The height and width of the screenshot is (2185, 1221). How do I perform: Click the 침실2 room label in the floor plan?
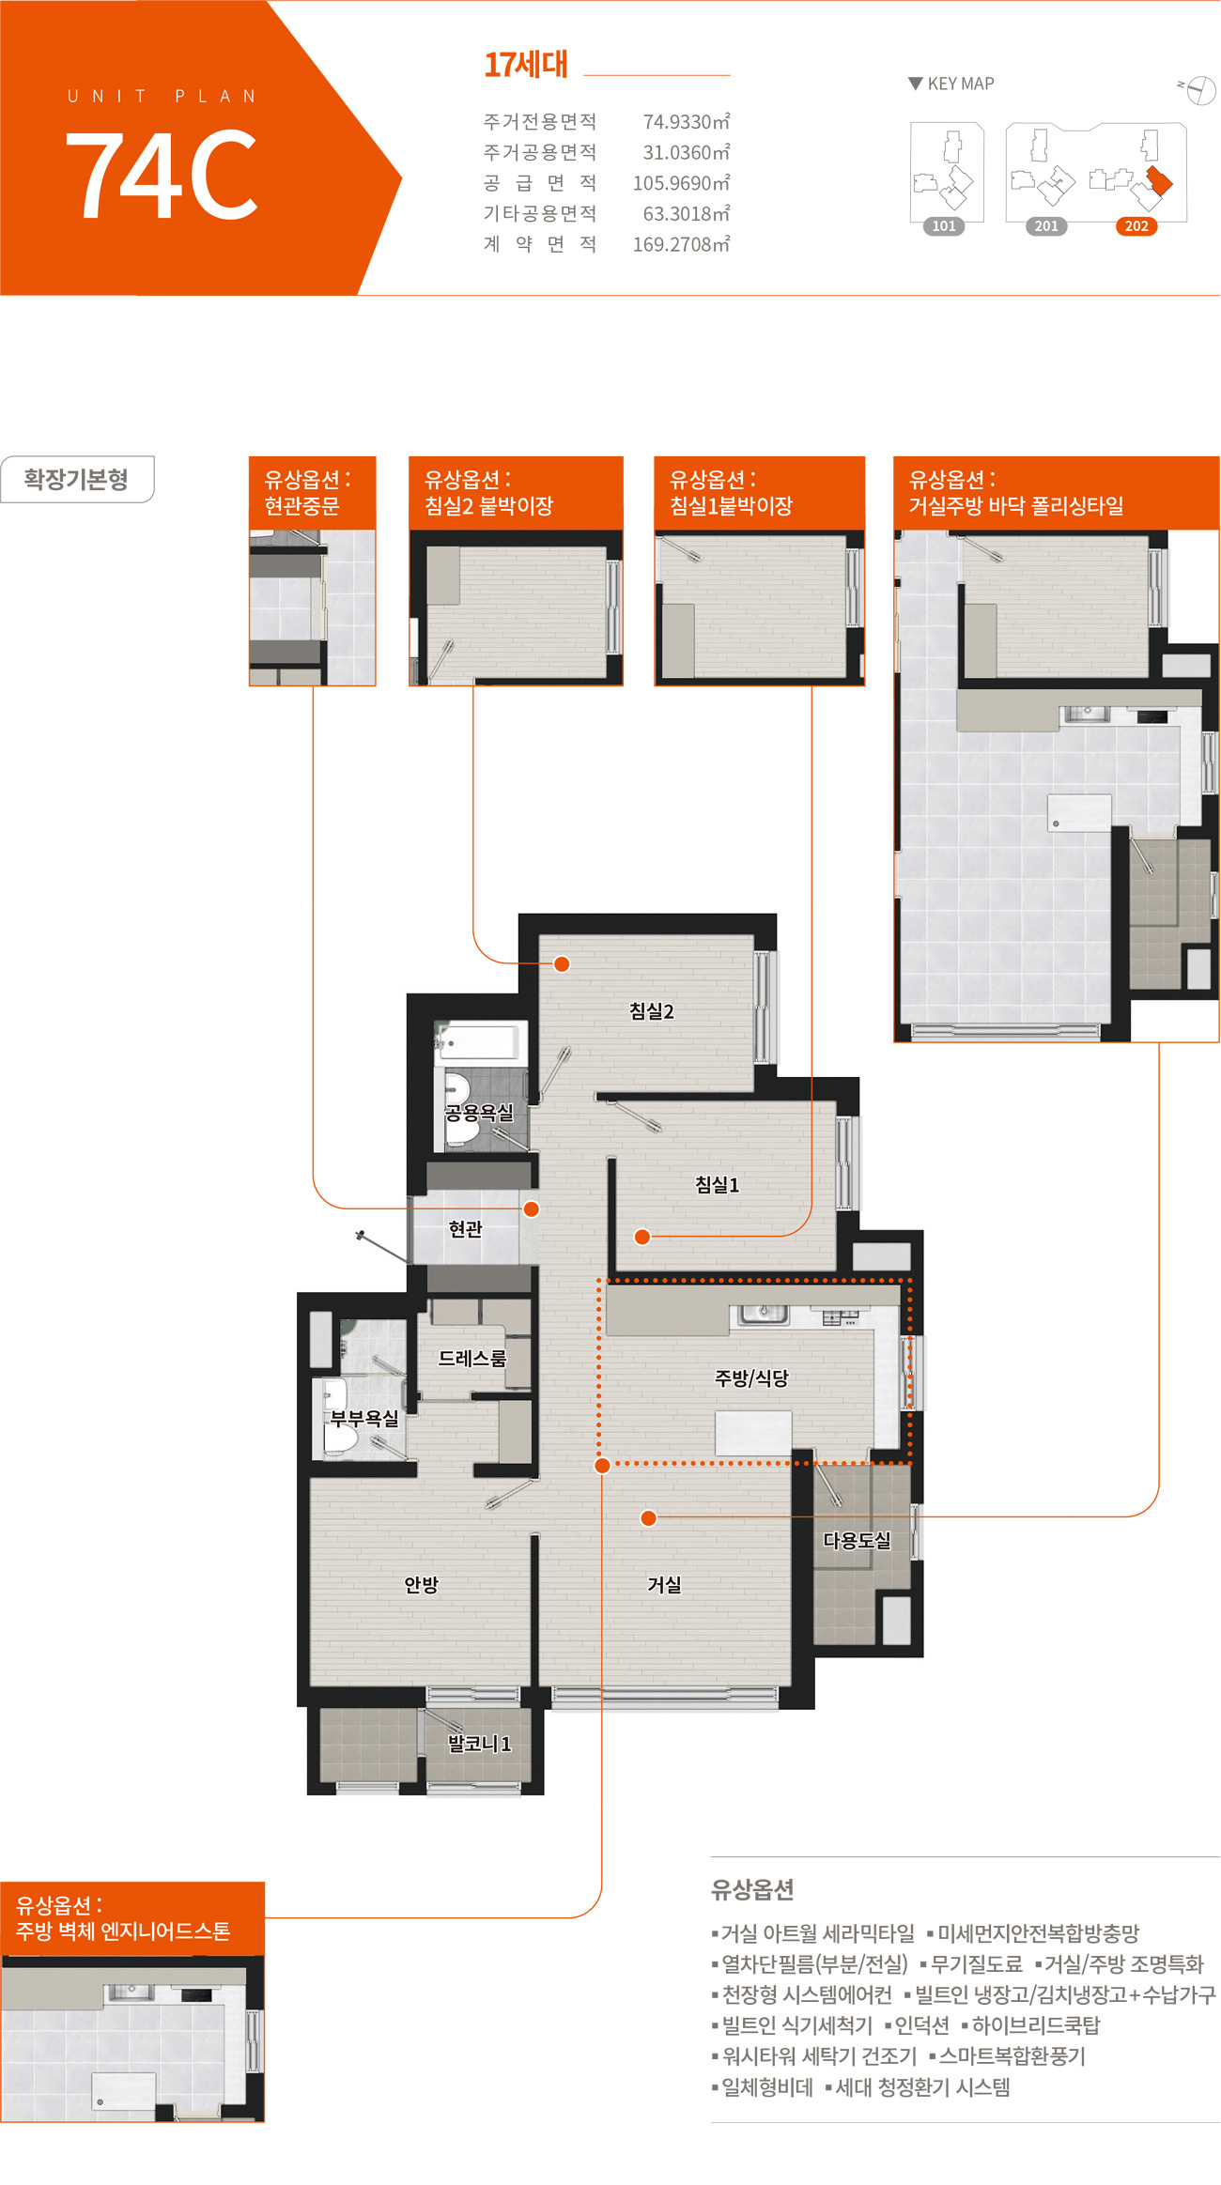651,1011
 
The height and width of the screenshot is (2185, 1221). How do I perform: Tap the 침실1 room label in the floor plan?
717,1185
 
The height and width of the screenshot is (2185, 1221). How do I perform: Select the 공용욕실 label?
479,1113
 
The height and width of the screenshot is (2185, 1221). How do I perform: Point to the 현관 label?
465,1228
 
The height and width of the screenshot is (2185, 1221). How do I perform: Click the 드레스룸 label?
472,1358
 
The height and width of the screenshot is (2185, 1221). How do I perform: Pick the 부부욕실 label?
364,1418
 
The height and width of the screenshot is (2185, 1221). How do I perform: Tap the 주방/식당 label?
751,1377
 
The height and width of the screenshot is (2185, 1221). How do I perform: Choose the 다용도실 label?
857,1540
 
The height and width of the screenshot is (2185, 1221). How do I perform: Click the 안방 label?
422,1585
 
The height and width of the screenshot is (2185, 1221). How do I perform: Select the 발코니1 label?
479,1744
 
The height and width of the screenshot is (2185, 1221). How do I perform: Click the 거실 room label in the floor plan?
664,1585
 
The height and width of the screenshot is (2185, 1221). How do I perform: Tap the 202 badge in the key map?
1136,226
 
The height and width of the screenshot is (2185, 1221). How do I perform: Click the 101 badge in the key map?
944,226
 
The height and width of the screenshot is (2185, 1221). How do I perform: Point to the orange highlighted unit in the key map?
1160,179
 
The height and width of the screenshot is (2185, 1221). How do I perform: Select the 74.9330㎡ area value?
687,122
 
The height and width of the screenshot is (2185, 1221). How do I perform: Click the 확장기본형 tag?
76,480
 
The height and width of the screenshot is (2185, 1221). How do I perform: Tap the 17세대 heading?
526,64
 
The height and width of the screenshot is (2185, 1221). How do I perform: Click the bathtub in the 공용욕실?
478,1042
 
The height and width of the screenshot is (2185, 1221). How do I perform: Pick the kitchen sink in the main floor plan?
764,1315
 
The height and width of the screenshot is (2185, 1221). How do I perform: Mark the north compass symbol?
1199,90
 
